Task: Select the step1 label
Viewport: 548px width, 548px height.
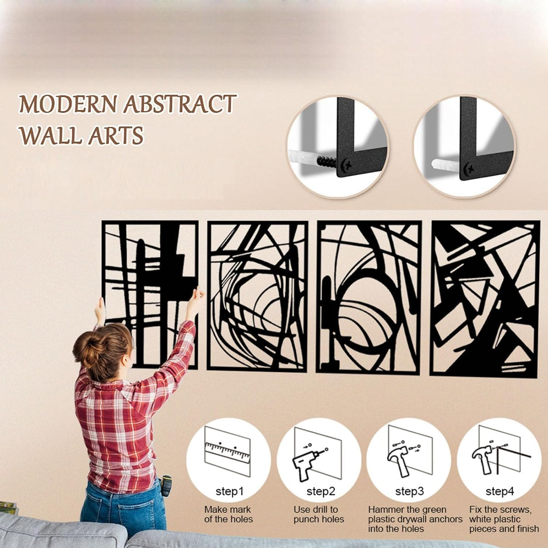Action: [229, 491]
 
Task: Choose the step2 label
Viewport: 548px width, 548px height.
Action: [320, 491]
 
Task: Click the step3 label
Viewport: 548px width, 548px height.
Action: [409, 491]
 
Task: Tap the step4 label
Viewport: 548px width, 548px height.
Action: [499, 491]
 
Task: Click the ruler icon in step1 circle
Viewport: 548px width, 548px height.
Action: [227, 452]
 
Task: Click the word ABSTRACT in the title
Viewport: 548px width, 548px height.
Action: [179, 104]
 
